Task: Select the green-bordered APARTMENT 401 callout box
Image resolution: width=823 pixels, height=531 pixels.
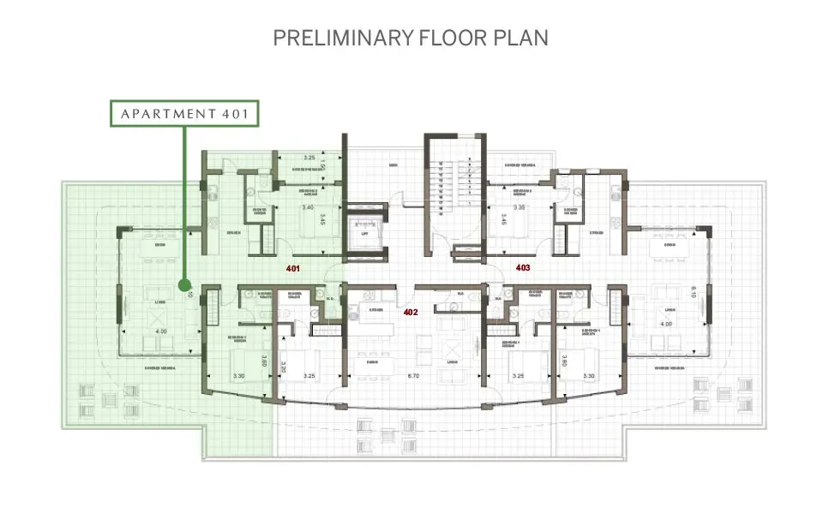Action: [183, 113]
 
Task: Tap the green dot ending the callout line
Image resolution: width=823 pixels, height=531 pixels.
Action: [183, 284]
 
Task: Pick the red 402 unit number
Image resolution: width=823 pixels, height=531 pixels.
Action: [410, 312]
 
